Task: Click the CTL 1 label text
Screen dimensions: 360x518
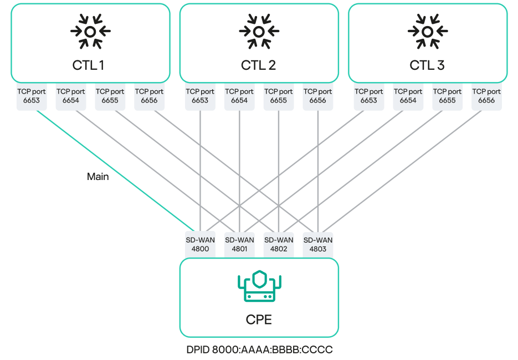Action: tap(88, 65)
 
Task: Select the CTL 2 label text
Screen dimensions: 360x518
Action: tap(258, 65)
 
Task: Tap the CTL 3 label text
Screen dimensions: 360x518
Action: tap(427, 65)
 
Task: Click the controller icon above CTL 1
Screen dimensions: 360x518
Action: tap(90, 32)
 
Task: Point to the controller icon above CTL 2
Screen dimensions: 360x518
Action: tap(259, 32)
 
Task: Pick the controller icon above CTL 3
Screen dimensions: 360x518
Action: tap(427, 32)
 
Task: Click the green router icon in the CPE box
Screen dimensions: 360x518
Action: tap(259, 287)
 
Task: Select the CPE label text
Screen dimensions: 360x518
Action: tap(259, 320)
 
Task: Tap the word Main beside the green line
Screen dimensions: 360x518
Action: tap(98, 177)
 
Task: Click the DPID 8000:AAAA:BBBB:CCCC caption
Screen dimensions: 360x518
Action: tap(259, 350)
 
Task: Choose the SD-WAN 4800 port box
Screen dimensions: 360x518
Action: tap(200, 244)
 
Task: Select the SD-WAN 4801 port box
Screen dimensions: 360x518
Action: tap(239, 244)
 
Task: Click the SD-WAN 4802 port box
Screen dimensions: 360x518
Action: tap(278, 244)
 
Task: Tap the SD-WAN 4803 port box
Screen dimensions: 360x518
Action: tap(317, 244)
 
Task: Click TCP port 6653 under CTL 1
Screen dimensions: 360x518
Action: tap(32, 96)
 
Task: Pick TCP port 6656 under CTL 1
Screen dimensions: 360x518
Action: tap(149, 96)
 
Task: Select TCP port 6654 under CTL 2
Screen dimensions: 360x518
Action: tap(239, 96)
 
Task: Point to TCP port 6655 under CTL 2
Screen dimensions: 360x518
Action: tap(278, 96)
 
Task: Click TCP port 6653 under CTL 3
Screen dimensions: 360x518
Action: tap(369, 96)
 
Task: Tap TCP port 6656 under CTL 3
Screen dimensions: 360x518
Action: tap(486, 96)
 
